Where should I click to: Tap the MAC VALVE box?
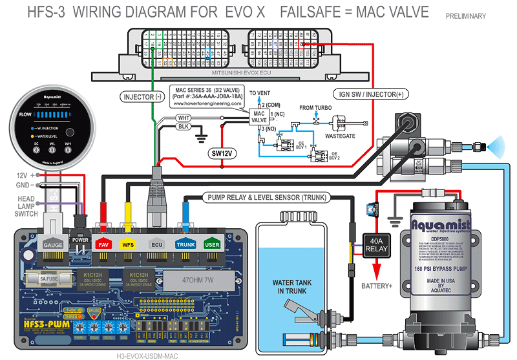point(259,116)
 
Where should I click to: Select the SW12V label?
point(222,153)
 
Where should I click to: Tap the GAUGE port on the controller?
point(52,245)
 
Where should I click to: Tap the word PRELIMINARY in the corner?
point(465,16)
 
